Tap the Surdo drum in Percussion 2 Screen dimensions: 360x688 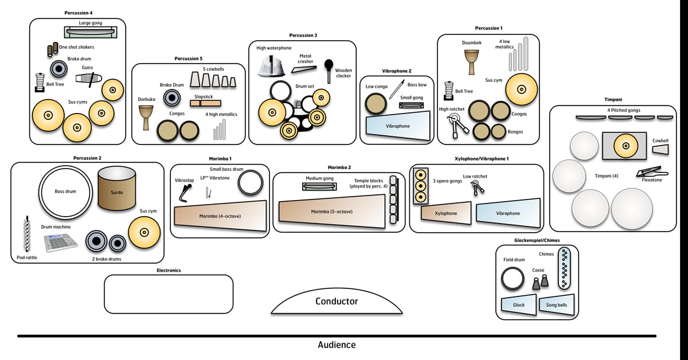tap(116, 189)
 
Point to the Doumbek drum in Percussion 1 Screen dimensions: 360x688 tap(471, 60)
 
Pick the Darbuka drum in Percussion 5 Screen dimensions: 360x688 tap(146, 117)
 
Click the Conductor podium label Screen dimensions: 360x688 tap(337, 302)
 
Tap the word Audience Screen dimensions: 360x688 tap(337, 345)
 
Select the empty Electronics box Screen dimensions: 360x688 tap(169, 294)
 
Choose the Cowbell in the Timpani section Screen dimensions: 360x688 tap(660, 149)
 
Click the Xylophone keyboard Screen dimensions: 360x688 tap(445, 213)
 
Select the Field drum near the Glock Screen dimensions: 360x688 tap(512, 279)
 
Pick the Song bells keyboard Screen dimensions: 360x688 tap(556, 305)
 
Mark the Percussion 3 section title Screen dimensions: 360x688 tap(303, 36)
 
